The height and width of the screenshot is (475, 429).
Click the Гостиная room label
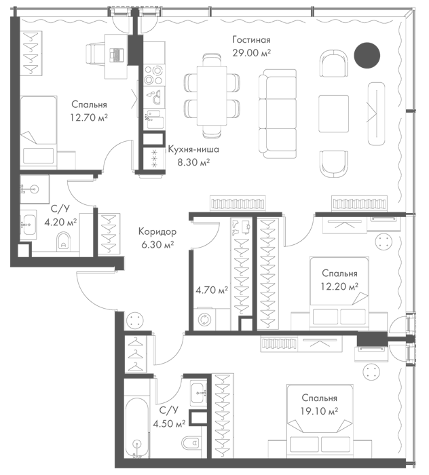[251, 39]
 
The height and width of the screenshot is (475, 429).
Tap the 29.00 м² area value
[251, 53]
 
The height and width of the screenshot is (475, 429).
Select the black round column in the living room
[367, 55]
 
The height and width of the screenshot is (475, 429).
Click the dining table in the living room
[212, 96]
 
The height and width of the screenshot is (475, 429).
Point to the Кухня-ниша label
[193, 149]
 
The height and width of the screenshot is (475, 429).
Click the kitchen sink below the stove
[155, 96]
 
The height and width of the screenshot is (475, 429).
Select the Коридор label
[157, 232]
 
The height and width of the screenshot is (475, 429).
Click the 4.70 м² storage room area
[212, 290]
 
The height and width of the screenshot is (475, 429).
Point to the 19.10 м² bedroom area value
[319, 411]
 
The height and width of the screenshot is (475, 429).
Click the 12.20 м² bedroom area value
[339, 286]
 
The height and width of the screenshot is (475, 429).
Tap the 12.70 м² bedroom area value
[89, 117]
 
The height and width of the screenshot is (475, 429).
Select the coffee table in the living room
[333, 113]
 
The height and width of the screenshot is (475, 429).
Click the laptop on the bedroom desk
[117, 54]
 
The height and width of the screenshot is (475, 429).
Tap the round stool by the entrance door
[135, 320]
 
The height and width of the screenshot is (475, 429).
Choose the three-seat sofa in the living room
[278, 113]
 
